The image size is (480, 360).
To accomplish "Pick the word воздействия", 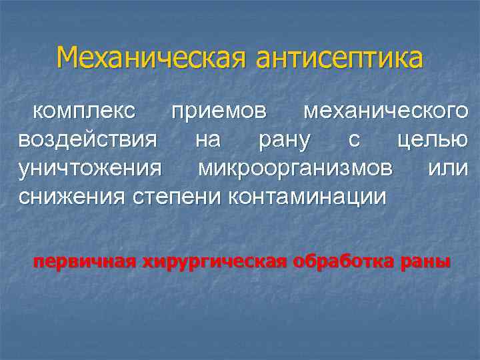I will click(88, 140).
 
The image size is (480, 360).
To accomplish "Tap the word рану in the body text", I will click(284, 141).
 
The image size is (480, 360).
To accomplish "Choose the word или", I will click(447, 169).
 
